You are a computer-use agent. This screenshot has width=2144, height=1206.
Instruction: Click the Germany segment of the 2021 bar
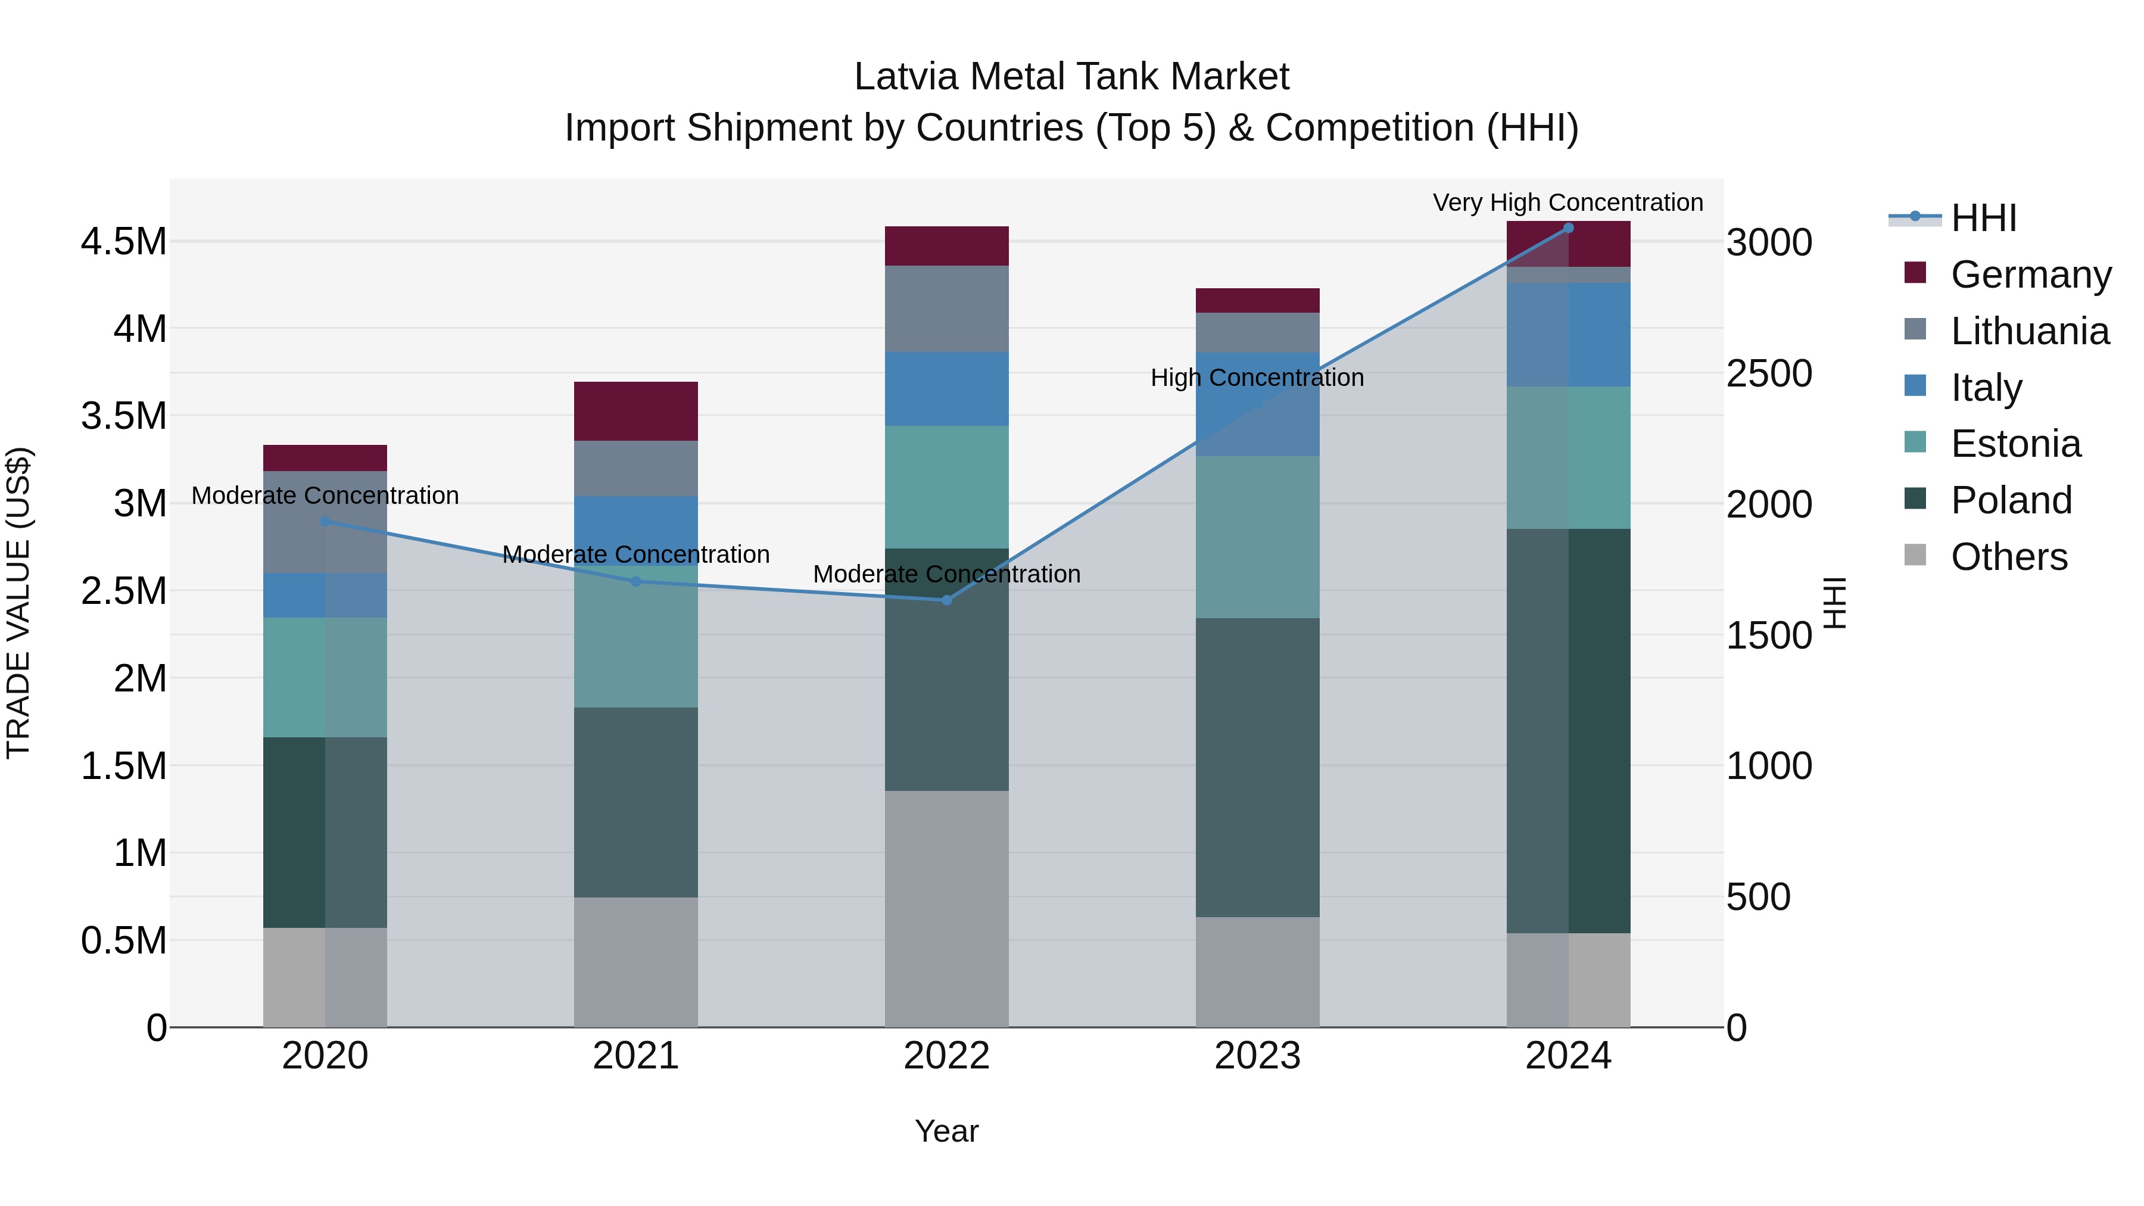click(636, 411)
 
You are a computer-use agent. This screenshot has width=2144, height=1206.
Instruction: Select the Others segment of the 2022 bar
click(946, 908)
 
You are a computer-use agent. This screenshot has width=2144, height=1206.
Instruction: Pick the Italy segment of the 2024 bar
click(1568, 335)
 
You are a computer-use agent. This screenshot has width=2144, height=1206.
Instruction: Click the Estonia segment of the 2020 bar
click(325, 677)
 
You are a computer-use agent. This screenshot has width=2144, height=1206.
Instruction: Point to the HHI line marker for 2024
click(1568, 228)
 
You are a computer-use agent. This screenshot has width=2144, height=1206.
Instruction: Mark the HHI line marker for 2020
click(325, 522)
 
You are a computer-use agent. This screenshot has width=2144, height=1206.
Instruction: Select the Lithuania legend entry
click(2029, 331)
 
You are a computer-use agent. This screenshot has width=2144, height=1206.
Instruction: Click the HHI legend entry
click(1983, 218)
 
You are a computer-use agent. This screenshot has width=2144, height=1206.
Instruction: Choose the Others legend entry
click(2008, 556)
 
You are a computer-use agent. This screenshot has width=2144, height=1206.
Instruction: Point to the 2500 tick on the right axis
click(1769, 373)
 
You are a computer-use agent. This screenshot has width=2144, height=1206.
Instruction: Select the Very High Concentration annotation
click(1568, 202)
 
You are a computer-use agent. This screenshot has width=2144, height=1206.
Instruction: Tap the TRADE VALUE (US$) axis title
click(18, 603)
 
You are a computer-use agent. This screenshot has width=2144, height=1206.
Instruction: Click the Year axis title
click(946, 1131)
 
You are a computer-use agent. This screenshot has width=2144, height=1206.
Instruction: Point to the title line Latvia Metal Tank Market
click(1071, 77)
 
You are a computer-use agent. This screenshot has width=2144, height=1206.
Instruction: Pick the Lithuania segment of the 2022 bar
click(946, 308)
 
